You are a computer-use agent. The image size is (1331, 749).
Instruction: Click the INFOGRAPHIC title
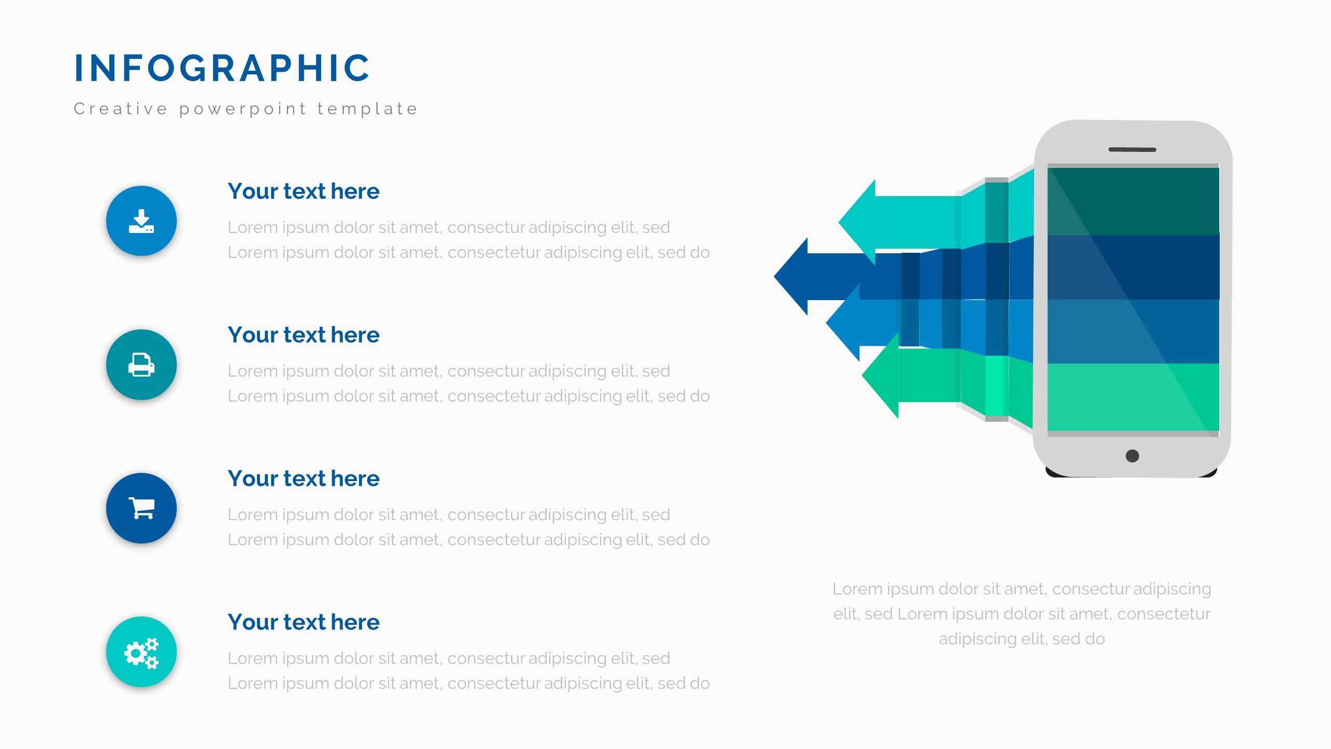click(x=222, y=68)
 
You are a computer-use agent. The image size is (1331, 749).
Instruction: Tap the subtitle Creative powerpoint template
click(x=246, y=109)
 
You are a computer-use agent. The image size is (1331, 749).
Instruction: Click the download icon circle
click(x=141, y=221)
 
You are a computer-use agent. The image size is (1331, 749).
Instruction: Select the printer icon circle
click(x=141, y=365)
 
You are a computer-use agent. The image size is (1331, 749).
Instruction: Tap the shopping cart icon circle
click(x=141, y=508)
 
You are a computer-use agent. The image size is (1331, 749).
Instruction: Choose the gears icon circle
click(x=141, y=652)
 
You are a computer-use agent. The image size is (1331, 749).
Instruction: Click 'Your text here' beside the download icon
click(x=304, y=191)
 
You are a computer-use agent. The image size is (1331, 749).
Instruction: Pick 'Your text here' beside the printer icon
click(x=304, y=335)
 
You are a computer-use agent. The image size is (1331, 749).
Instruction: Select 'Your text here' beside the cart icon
click(x=304, y=479)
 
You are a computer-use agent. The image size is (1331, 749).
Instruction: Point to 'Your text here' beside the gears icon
click(x=304, y=622)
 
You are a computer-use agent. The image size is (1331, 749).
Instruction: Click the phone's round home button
click(x=1132, y=456)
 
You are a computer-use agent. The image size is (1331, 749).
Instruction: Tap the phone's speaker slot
click(x=1132, y=150)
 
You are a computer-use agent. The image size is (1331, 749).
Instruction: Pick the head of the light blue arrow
click(x=845, y=323)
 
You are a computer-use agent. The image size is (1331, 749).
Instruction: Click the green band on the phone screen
click(x=1133, y=397)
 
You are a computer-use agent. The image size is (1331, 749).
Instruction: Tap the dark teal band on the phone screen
click(x=1133, y=201)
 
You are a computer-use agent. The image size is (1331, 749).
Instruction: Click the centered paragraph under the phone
click(x=1022, y=614)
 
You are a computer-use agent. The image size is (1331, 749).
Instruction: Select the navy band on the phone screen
click(x=1133, y=267)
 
